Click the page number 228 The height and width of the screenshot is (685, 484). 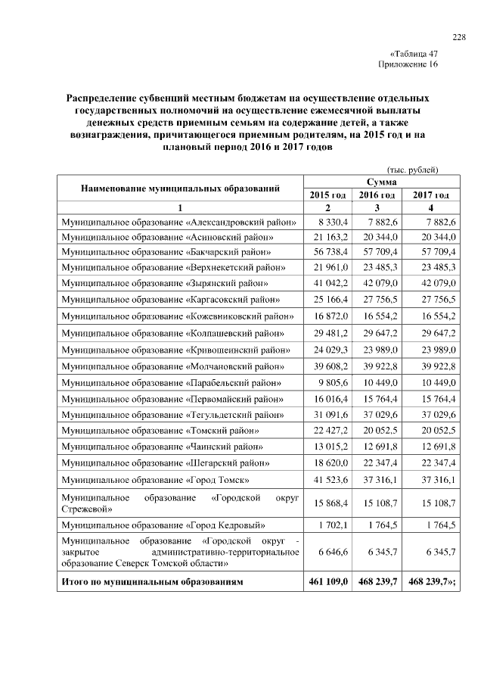458,38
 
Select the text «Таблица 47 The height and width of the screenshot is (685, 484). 413,54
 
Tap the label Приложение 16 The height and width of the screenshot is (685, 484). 408,65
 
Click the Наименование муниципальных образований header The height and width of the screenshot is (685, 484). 181,188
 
